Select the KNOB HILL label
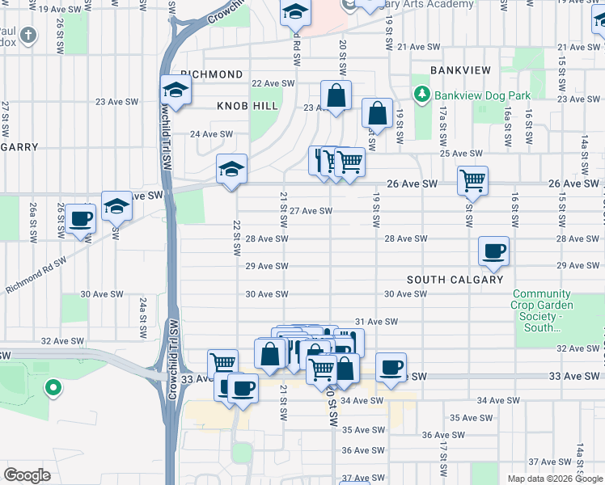point(247,106)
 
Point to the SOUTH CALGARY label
point(455,280)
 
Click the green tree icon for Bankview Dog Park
point(421,95)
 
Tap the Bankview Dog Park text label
point(482,95)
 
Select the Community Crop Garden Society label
point(542,310)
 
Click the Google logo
point(27,475)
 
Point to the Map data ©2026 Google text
point(554,479)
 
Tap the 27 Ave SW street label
point(311,211)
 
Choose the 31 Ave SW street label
point(376,322)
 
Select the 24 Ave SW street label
point(211,134)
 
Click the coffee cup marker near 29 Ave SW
point(493,251)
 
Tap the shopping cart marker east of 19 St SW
point(472,180)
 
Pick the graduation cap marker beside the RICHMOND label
point(175,89)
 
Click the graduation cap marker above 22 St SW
point(231,170)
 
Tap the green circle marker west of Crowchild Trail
point(53,389)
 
